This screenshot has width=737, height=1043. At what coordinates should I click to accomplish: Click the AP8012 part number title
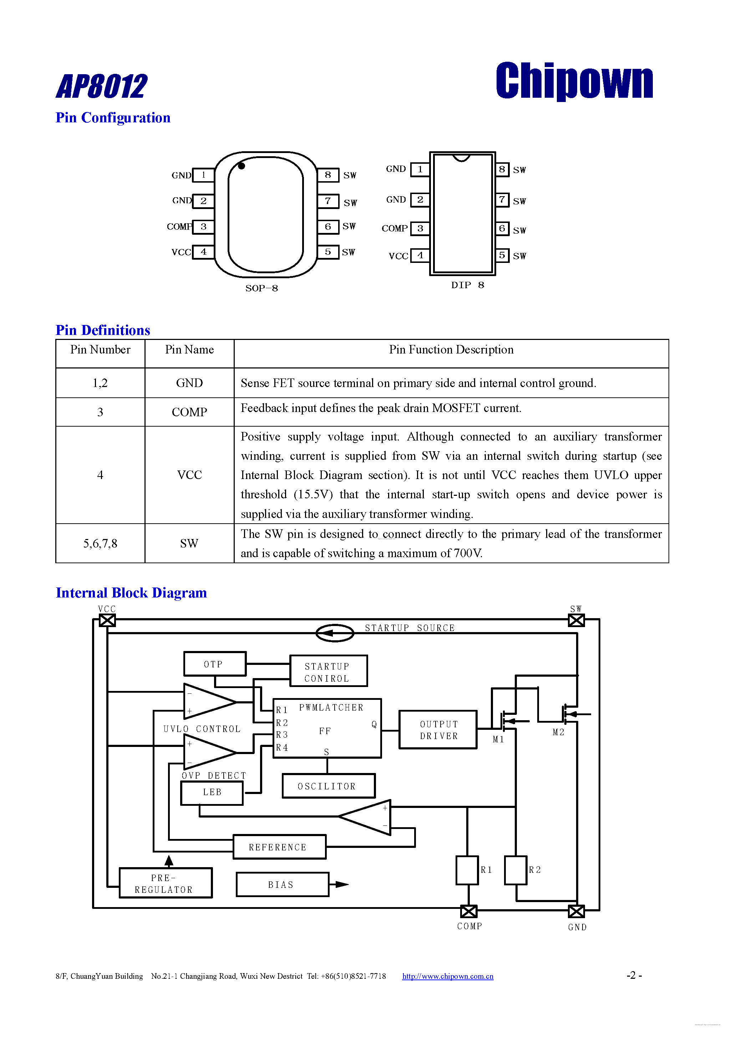(102, 86)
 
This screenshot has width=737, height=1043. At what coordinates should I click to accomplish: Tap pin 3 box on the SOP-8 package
(203, 227)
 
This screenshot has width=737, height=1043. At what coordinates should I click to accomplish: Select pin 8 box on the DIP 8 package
(502, 169)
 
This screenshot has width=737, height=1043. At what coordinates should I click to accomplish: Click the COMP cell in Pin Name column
(189, 412)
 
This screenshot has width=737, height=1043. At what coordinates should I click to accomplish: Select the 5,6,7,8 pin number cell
(100, 543)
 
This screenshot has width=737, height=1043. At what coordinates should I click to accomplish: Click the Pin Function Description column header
(451, 350)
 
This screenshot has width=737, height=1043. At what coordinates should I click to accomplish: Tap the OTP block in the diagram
(214, 664)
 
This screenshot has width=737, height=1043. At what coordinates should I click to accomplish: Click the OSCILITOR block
(328, 786)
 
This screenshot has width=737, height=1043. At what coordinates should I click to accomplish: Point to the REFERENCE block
(279, 847)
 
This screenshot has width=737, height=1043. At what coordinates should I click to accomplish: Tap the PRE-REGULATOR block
(166, 884)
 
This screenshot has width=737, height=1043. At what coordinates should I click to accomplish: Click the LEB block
(212, 792)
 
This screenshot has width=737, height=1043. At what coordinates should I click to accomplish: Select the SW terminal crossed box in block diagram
(576, 620)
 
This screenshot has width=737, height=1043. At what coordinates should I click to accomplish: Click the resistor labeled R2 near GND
(516, 870)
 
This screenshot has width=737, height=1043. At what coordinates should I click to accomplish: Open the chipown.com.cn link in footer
(448, 976)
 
